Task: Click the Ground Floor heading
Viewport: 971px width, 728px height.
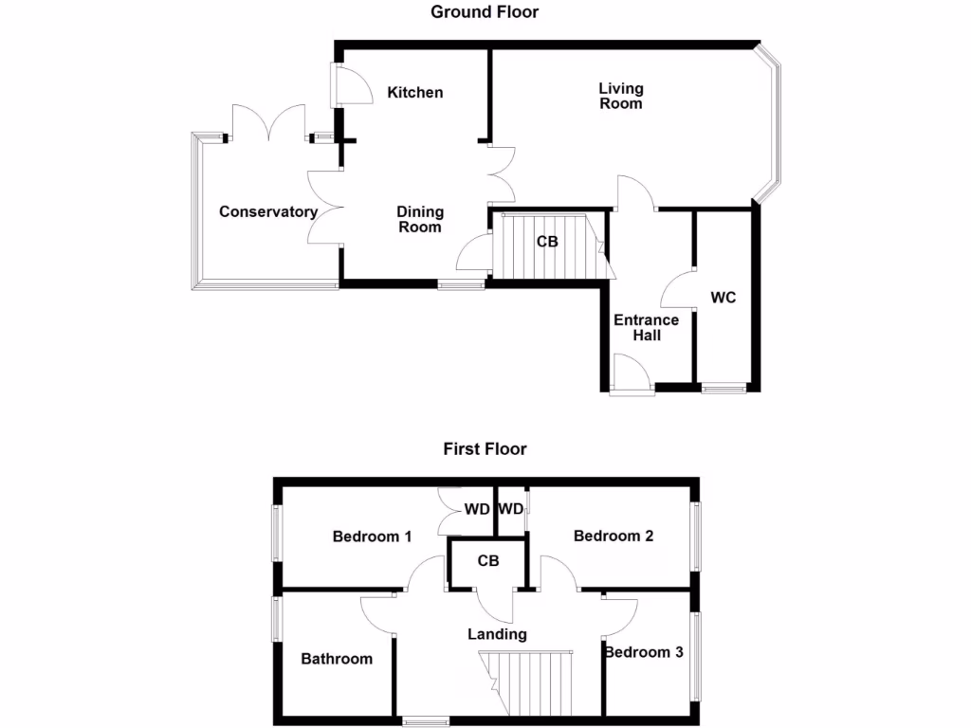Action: pyautogui.click(x=485, y=12)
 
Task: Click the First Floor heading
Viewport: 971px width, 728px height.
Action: pyautogui.click(x=485, y=448)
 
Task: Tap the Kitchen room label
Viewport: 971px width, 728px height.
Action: pyautogui.click(x=415, y=92)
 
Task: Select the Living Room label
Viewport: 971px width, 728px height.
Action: pyautogui.click(x=621, y=96)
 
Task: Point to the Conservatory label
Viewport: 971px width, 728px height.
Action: pyautogui.click(x=267, y=211)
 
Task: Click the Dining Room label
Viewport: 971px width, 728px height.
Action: pyautogui.click(x=420, y=219)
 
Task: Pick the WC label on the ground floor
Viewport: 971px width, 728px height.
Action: pyautogui.click(x=724, y=297)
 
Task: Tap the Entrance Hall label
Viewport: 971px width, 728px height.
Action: pyautogui.click(x=646, y=328)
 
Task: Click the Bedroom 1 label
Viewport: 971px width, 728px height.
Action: pyautogui.click(x=372, y=537)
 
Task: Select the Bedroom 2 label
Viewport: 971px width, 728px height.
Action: pyautogui.click(x=614, y=536)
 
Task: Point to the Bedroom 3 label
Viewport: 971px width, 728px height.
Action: pyautogui.click(x=644, y=652)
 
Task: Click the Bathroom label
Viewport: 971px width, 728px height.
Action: pyautogui.click(x=337, y=658)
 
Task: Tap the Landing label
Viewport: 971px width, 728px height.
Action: pyautogui.click(x=497, y=634)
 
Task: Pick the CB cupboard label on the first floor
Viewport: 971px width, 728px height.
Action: pyautogui.click(x=488, y=561)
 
